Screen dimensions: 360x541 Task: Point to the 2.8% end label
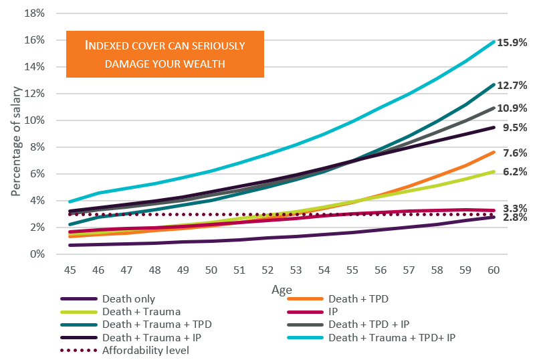(514, 217)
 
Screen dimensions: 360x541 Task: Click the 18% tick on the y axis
(34, 13)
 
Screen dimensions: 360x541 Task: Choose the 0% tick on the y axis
(37, 254)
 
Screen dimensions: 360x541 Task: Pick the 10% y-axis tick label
(34, 120)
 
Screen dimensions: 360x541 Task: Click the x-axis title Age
(281, 289)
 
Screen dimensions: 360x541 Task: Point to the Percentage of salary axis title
(15, 134)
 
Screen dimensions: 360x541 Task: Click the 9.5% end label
(514, 127)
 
